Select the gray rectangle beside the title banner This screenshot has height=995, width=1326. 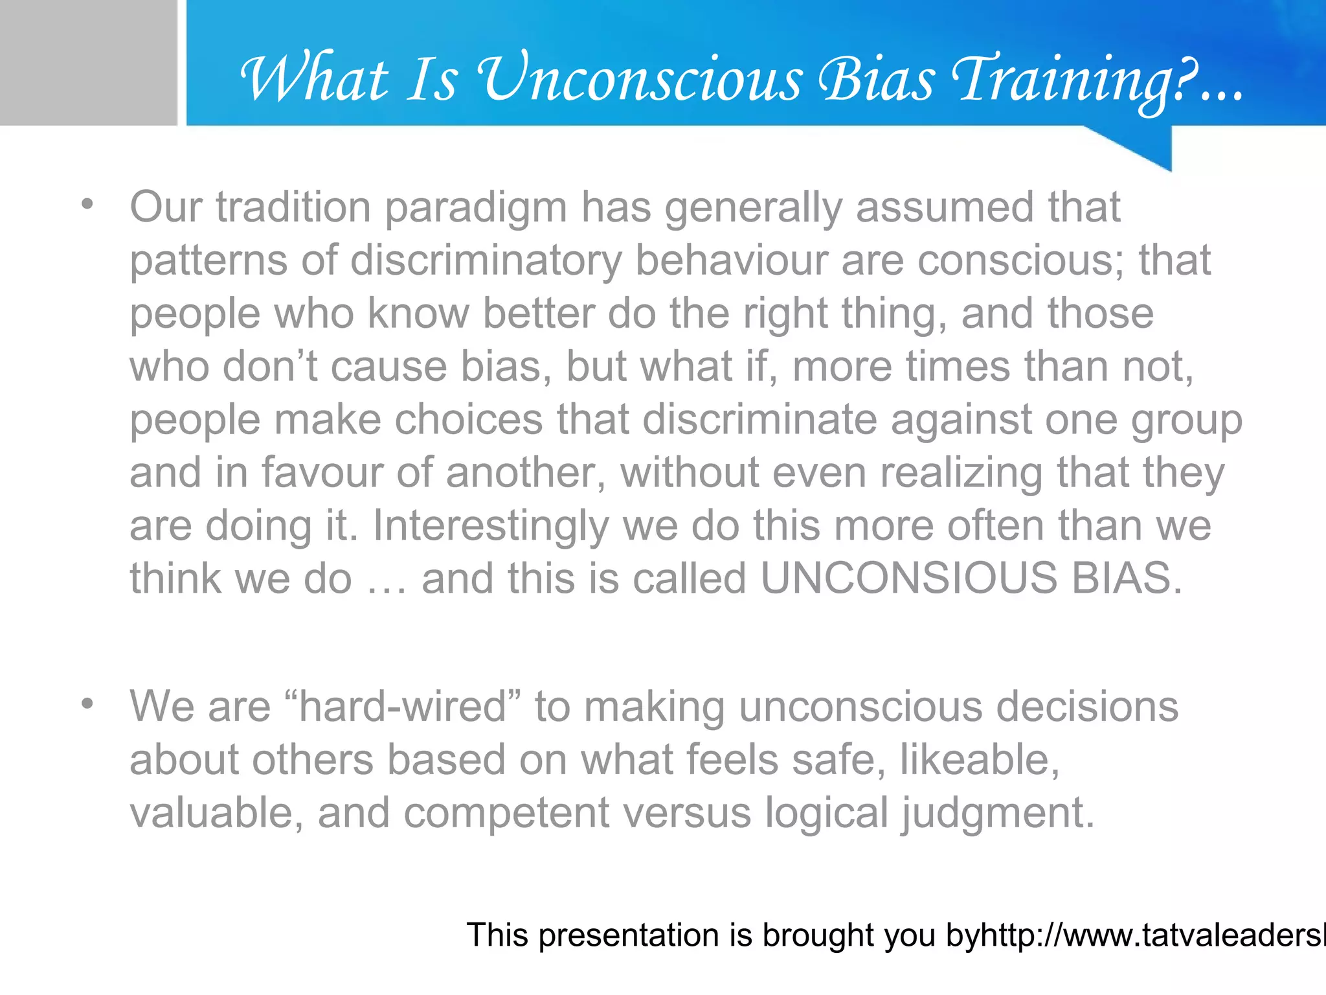pyautogui.click(x=88, y=62)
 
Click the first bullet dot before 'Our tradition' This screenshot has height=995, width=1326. pyautogui.click(x=87, y=205)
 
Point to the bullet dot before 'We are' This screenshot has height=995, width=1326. pyautogui.click(x=87, y=703)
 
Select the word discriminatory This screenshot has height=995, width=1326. pyautogui.click(x=486, y=261)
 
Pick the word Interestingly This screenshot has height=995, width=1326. pyautogui.click(x=491, y=526)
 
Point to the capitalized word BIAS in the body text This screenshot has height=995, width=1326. pyautogui.click(x=1127, y=578)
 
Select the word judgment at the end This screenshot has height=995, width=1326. pyautogui.click(x=998, y=814)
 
